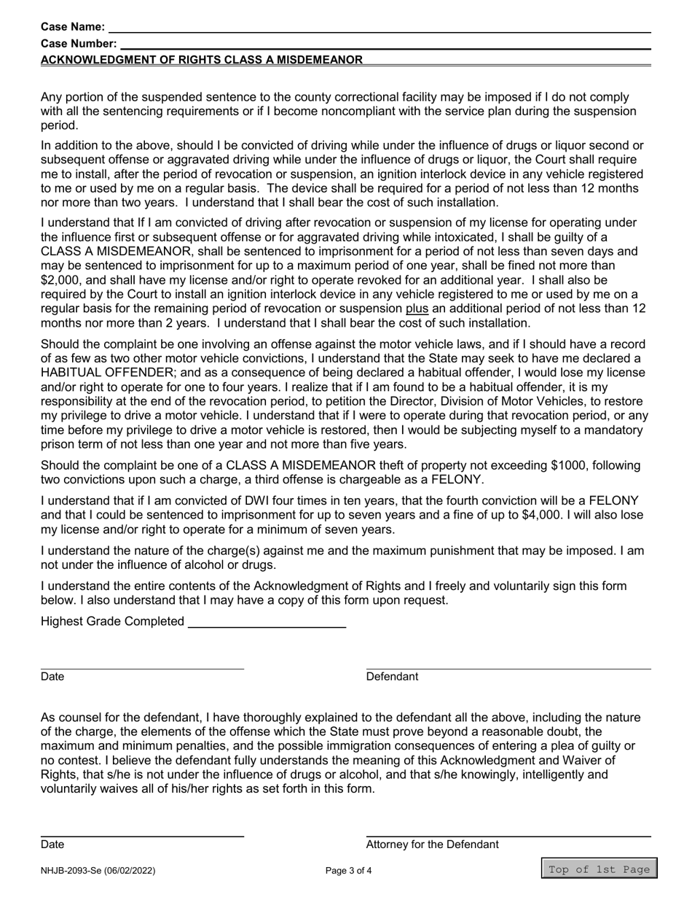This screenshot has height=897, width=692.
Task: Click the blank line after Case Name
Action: click(379, 28)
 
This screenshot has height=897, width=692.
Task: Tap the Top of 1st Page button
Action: click(599, 869)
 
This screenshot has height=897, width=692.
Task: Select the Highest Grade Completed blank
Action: click(267, 622)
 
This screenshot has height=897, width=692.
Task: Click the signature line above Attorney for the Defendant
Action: click(508, 835)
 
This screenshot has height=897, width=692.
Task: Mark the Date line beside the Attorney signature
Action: click(142, 835)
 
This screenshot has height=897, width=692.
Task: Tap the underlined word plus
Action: click(417, 308)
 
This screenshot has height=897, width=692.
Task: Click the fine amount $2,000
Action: click(63, 279)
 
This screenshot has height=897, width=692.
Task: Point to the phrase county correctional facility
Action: click(352, 97)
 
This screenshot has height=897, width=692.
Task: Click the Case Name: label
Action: click(73, 28)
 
